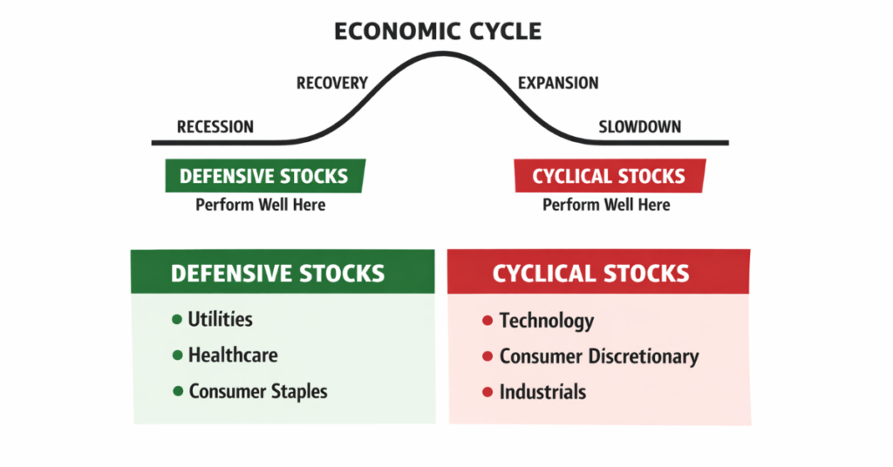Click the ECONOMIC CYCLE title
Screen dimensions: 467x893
click(438, 32)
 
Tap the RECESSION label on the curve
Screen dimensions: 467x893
click(215, 127)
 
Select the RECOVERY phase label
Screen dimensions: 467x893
click(332, 84)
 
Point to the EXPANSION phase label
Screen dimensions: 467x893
click(558, 84)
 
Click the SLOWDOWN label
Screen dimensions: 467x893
click(640, 127)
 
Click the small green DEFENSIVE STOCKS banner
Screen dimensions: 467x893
click(264, 176)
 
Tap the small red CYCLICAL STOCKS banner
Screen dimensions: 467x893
click(608, 176)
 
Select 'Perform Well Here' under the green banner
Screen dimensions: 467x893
click(260, 205)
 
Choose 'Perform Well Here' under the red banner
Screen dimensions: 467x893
click(606, 205)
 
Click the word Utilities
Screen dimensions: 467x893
click(220, 320)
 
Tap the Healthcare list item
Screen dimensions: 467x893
click(233, 355)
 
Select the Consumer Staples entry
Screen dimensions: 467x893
click(258, 391)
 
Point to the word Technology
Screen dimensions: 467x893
click(547, 321)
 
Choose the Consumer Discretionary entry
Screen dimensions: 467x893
click(599, 356)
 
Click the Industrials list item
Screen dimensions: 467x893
click(542, 392)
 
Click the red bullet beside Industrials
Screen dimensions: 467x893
click(487, 393)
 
